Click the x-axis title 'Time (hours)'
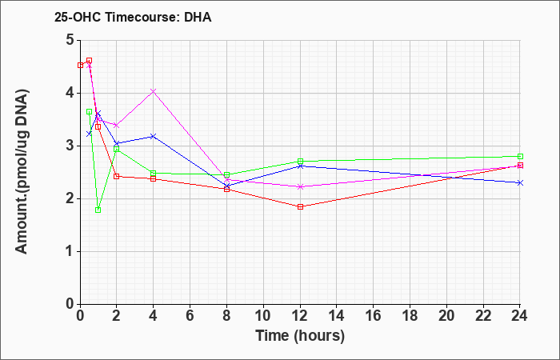click(300, 335)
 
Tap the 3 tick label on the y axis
click(69, 146)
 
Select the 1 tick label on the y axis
click(69, 251)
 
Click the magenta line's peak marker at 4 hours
click(153, 91)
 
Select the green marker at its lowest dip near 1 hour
click(98, 210)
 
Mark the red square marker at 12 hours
click(300, 206)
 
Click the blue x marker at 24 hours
click(520, 182)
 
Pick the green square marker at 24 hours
click(520, 156)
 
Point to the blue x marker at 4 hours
click(153, 136)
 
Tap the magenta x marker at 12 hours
click(300, 186)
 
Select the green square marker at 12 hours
click(300, 162)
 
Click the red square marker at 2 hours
click(117, 176)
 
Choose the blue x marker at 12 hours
click(300, 166)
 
